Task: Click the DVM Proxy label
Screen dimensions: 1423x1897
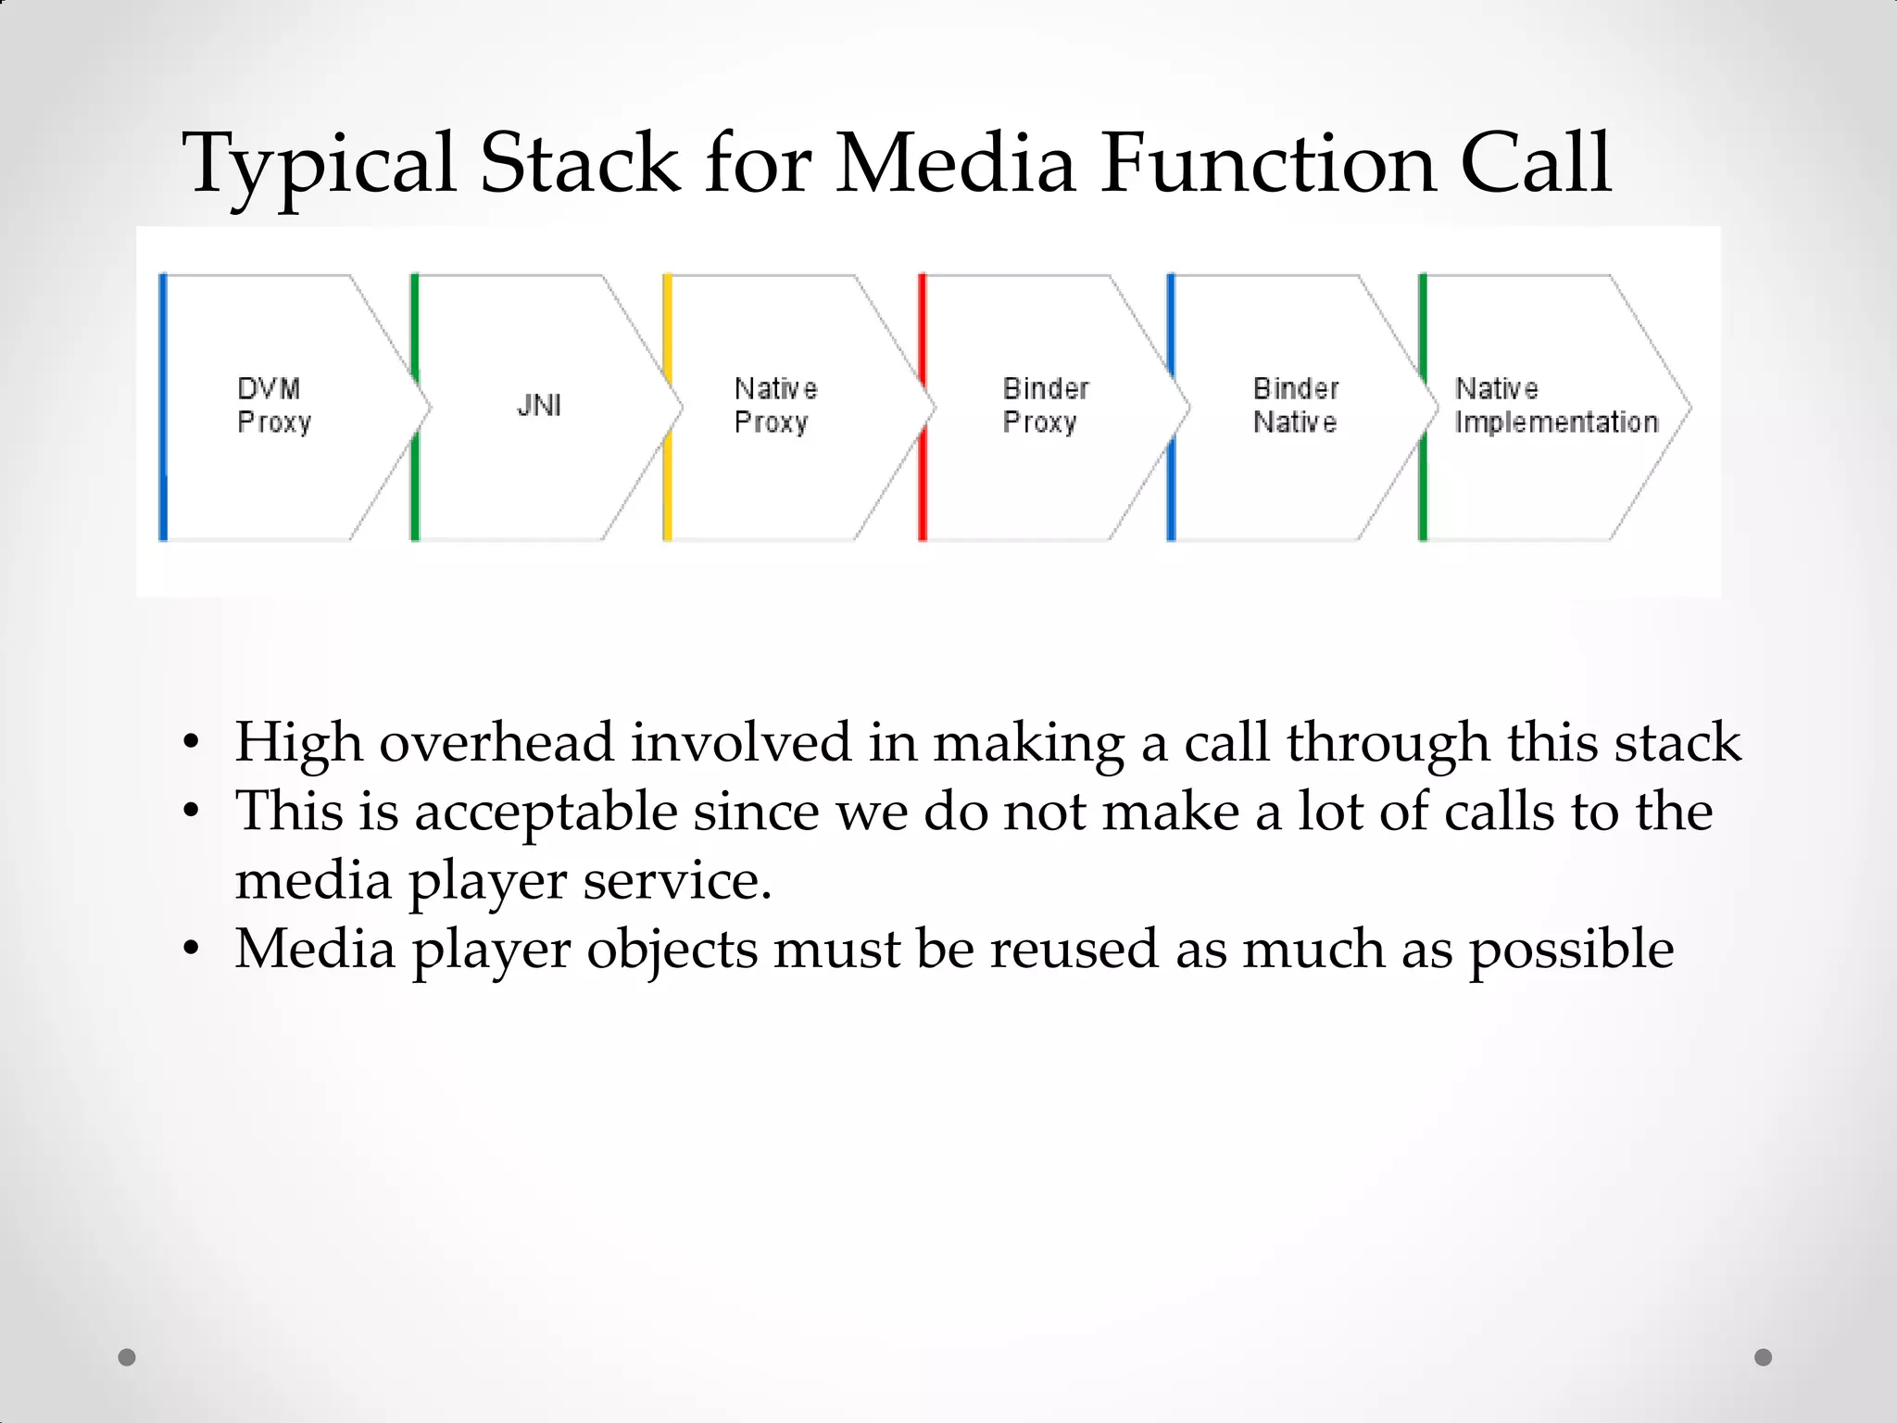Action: coord(273,405)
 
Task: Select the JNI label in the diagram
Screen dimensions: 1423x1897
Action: coord(539,405)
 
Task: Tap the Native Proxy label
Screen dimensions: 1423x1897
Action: coord(775,405)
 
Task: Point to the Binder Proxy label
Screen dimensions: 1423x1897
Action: coord(1045,405)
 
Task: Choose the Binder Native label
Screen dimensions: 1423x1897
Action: coord(1295,405)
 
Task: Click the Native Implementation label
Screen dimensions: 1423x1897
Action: coord(1555,405)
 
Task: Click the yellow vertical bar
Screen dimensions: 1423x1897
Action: coord(667,408)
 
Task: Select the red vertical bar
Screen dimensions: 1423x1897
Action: coord(922,408)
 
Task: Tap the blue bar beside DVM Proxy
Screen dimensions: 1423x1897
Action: coord(163,408)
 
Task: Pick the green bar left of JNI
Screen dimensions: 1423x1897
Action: coord(415,408)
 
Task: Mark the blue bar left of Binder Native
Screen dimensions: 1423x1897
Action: coord(1171,408)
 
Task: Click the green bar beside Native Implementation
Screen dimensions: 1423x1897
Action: coord(1423,408)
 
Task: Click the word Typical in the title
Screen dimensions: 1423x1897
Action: coord(320,165)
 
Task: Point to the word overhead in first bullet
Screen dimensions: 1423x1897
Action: coord(496,742)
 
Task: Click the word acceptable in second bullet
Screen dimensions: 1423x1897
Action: coord(546,812)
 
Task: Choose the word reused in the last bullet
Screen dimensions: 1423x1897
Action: coord(1074,949)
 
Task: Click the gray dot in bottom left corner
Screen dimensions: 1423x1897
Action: coord(127,1357)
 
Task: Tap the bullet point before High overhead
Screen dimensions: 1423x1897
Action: coord(191,743)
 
